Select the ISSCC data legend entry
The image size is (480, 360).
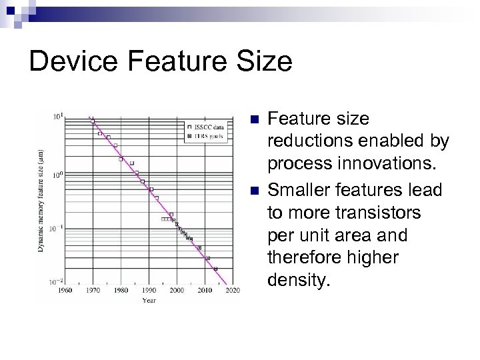pos(207,126)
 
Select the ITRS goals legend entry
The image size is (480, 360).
pos(207,135)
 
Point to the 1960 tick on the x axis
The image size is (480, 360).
pos(64,291)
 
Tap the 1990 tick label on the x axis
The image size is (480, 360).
pos(149,291)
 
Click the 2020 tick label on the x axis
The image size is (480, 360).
pos(233,291)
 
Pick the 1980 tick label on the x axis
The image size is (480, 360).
pos(121,291)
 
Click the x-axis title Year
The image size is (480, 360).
pos(149,300)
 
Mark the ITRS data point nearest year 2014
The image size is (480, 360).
pos(215,269)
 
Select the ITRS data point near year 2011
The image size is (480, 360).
pos(207,258)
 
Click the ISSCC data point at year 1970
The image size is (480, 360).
pos(93,121)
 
